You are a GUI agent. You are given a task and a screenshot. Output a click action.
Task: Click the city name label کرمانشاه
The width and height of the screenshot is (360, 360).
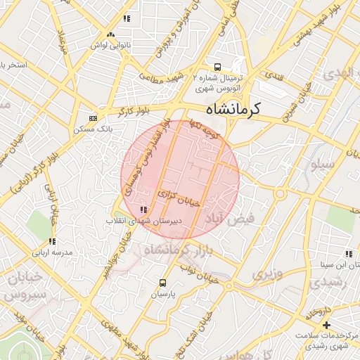point(233,110)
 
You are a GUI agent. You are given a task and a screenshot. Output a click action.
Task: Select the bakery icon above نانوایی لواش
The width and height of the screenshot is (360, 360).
point(110,34)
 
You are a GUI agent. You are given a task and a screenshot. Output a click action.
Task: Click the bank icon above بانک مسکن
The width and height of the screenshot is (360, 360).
point(94,119)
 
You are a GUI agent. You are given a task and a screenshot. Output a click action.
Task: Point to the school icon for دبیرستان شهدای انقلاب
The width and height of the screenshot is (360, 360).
point(143,210)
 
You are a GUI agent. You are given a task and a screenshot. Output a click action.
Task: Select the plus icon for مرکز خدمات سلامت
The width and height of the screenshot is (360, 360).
point(326,324)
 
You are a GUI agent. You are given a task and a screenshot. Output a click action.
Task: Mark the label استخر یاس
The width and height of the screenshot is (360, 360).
point(13,65)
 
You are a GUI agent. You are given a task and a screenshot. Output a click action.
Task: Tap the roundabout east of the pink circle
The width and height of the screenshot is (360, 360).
point(281,193)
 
